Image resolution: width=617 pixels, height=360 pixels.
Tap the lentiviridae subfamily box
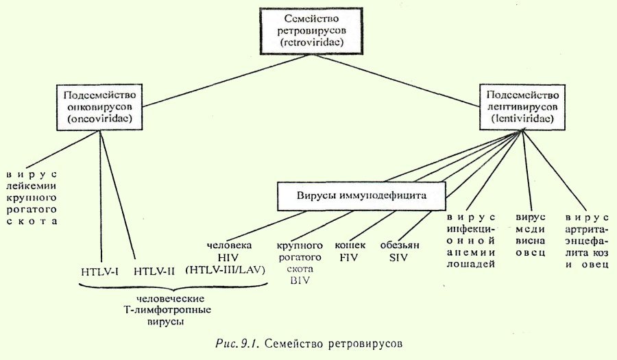(522, 107)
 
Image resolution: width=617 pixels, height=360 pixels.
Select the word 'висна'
(530, 240)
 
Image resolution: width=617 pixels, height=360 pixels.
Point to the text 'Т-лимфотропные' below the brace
(163, 311)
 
